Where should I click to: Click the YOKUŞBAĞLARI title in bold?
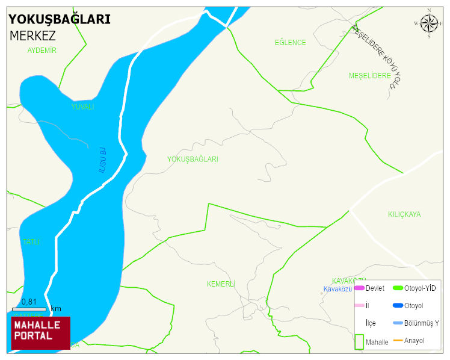60,19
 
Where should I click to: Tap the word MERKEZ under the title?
33,36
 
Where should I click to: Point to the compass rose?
429,23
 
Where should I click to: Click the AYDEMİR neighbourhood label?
42,51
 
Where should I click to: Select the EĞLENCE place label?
291,43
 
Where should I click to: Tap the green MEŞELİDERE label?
370,76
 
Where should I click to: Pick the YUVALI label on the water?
83,107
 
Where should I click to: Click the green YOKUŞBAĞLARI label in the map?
193,160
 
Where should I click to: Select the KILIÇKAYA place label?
404,214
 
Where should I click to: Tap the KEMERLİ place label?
221,284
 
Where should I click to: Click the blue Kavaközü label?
337,289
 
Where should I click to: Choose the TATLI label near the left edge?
32,242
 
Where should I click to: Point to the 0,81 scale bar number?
29,302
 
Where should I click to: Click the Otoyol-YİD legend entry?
420,288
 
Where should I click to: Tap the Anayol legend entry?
414,341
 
